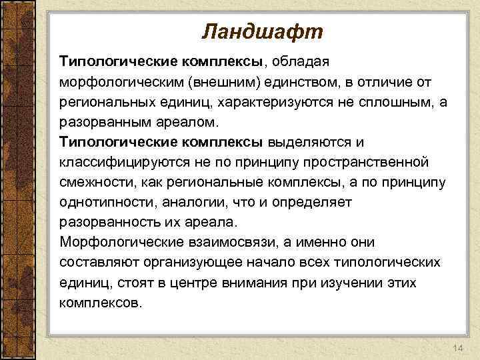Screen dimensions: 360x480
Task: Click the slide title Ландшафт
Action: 261,31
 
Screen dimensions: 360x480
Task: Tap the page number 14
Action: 457,331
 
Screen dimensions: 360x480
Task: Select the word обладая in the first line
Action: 299,62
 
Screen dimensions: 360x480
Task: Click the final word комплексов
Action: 100,302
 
